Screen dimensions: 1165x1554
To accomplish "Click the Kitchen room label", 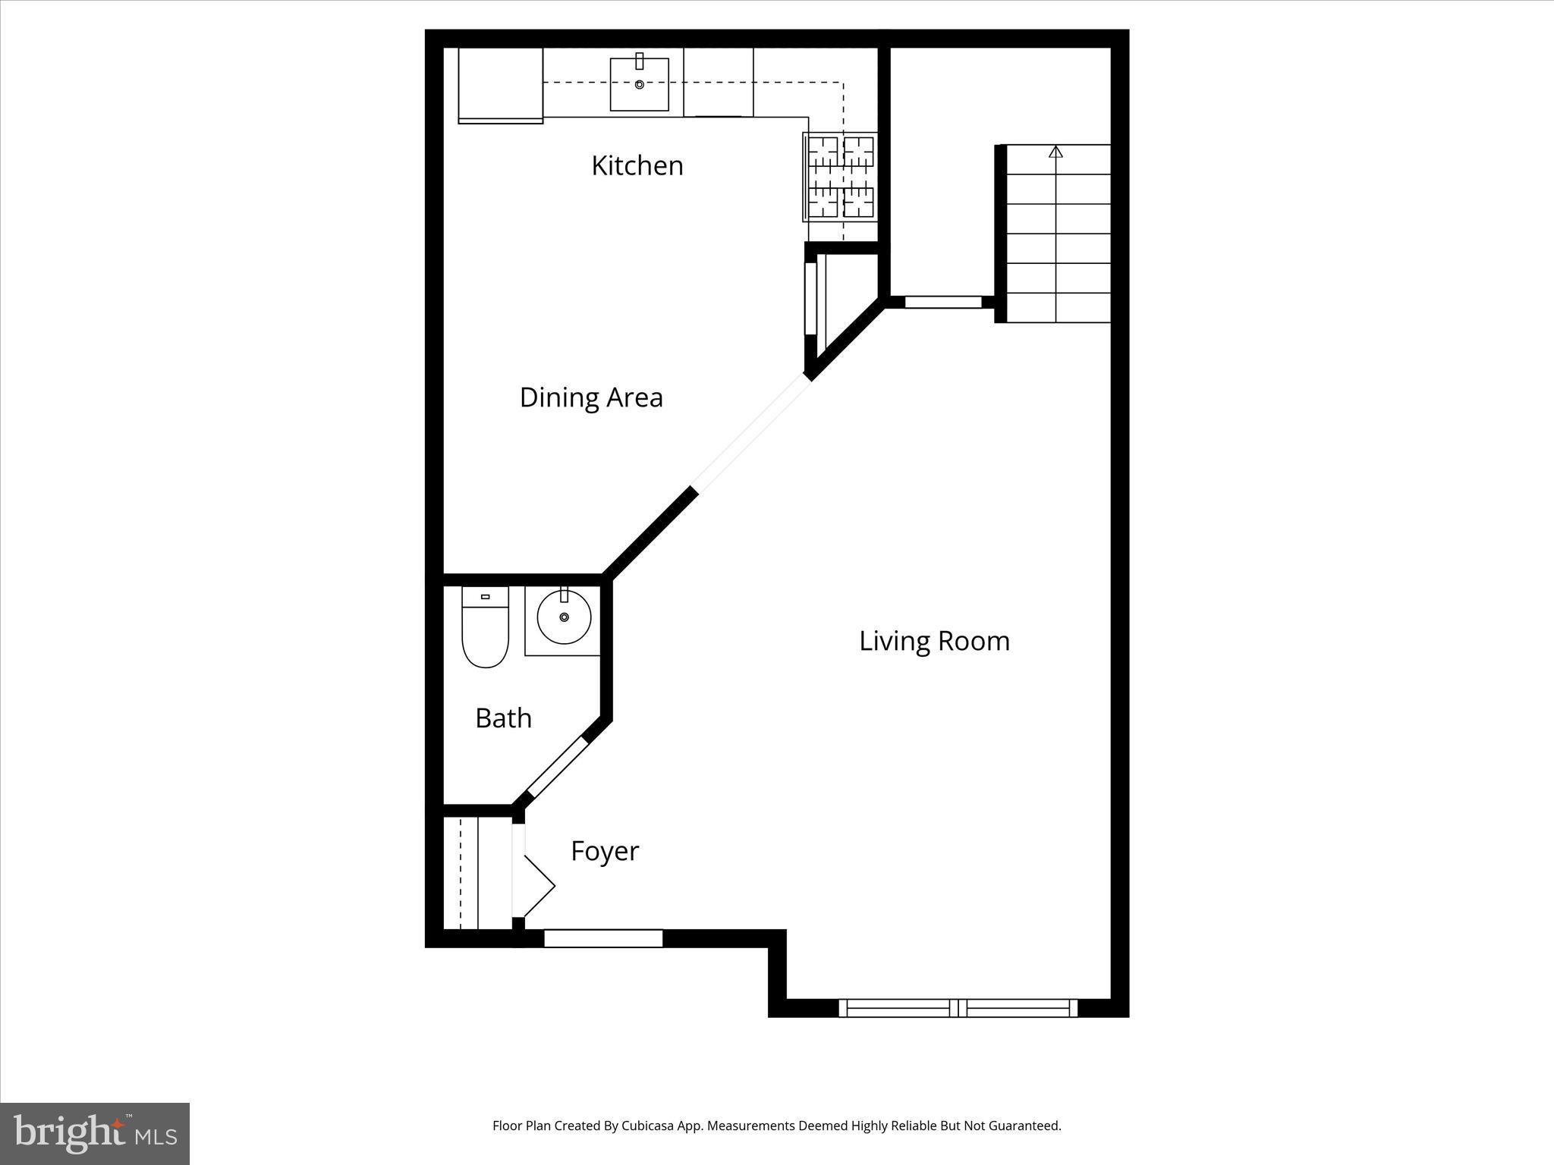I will [x=637, y=165].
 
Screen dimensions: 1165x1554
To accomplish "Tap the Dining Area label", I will [x=591, y=397].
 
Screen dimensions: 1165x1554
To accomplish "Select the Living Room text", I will [x=934, y=641].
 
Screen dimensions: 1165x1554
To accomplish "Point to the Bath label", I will [x=503, y=718].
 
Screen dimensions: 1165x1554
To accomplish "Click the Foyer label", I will [x=605, y=851].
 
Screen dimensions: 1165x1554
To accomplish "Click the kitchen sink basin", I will [x=640, y=84].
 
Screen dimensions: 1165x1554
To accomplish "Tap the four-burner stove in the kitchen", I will [x=840, y=177].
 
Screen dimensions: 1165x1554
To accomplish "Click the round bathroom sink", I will [x=564, y=617].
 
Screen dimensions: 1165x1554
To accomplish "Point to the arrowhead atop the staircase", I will [x=1055, y=152].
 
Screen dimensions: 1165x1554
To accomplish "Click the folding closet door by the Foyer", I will [x=537, y=886].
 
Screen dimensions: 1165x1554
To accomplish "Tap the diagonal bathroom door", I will [x=558, y=766].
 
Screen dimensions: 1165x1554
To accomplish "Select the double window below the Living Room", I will [x=958, y=1008].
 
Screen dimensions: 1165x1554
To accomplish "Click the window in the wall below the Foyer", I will [x=603, y=938].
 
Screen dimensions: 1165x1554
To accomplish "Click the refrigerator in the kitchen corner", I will [x=500, y=84].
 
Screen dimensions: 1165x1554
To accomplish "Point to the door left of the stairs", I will [x=943, y=302].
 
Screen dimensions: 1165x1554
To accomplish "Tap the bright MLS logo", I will [x=94, y=1133].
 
